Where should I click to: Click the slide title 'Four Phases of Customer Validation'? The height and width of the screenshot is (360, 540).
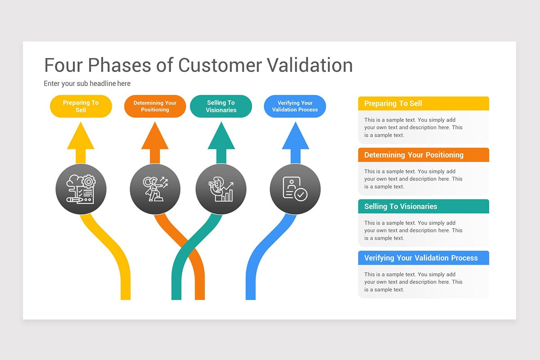click(x=198, y=65)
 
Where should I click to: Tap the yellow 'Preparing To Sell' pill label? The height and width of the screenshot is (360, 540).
click(x=81, y=106)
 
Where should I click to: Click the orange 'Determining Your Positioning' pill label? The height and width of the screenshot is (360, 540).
click(x=155, y=106)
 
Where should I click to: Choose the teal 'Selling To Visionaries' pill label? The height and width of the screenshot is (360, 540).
click(x=221, y=106)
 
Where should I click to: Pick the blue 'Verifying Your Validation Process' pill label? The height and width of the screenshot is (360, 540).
click(x=295, y=106)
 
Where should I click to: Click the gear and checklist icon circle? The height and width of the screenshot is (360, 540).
click(x=81, y=189)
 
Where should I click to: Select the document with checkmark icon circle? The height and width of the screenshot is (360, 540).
click(x=295, y=189)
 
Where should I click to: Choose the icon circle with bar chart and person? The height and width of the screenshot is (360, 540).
click(x=221, y=189)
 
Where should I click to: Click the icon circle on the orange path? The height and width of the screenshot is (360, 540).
click(x=155, y=189)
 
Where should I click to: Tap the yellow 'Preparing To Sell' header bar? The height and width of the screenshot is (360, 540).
click(x=423, y=103)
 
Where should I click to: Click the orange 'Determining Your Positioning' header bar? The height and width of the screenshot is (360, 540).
click(x=423, y=155)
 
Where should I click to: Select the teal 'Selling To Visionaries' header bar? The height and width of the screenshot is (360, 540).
click(x=423, y=207)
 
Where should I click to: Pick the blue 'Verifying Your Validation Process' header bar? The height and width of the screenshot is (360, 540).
click(x=423, y=258)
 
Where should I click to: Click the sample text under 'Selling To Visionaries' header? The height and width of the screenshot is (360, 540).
click(x=413, y=230)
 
